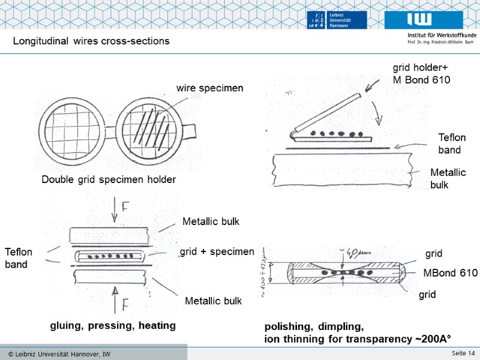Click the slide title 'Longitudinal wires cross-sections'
click(x=91, y=41)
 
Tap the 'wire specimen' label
click(x=209, y=88)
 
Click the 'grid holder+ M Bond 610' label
click(x=421, y=73)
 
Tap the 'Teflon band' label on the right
click(x=451, y=144)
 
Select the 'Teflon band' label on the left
click(x=18, y=258)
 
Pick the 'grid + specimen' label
click(x=217, y=251)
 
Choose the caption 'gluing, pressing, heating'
click(x=112, y=326)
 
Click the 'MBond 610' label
click(x=450, y=274)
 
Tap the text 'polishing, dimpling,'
click(x=313, y=327)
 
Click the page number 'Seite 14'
click(x=463, y=352)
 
